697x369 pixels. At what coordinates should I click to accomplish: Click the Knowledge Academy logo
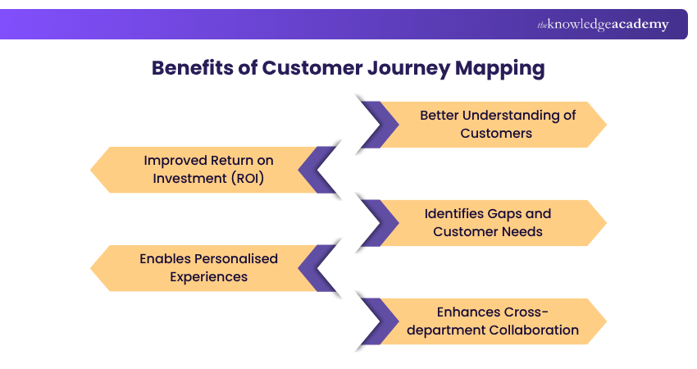[x=603, y=25]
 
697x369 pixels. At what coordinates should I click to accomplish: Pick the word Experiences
[x=208, y=276]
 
